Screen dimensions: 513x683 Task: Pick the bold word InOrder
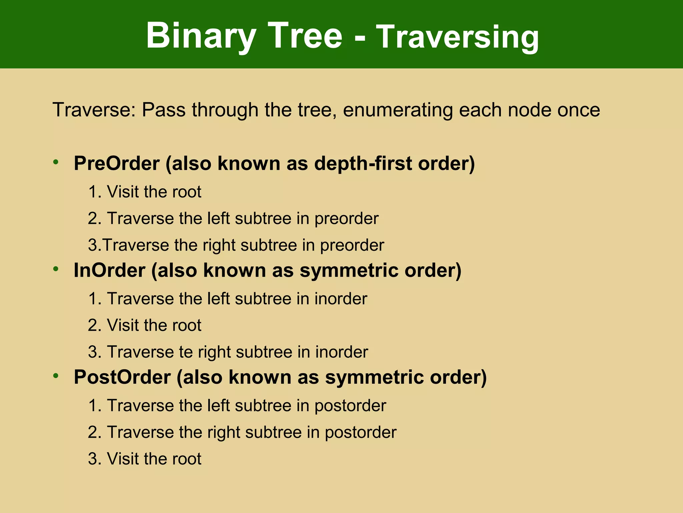tap(109, 270)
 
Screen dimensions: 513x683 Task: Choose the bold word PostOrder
tap(122, 377)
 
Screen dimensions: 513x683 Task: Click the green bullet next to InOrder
tap(56, 269)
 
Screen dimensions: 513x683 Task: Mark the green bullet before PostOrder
tap(56, 376)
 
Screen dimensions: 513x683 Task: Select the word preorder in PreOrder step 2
tap(347, 219)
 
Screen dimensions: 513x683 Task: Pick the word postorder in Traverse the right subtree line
tap(361, 433)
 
